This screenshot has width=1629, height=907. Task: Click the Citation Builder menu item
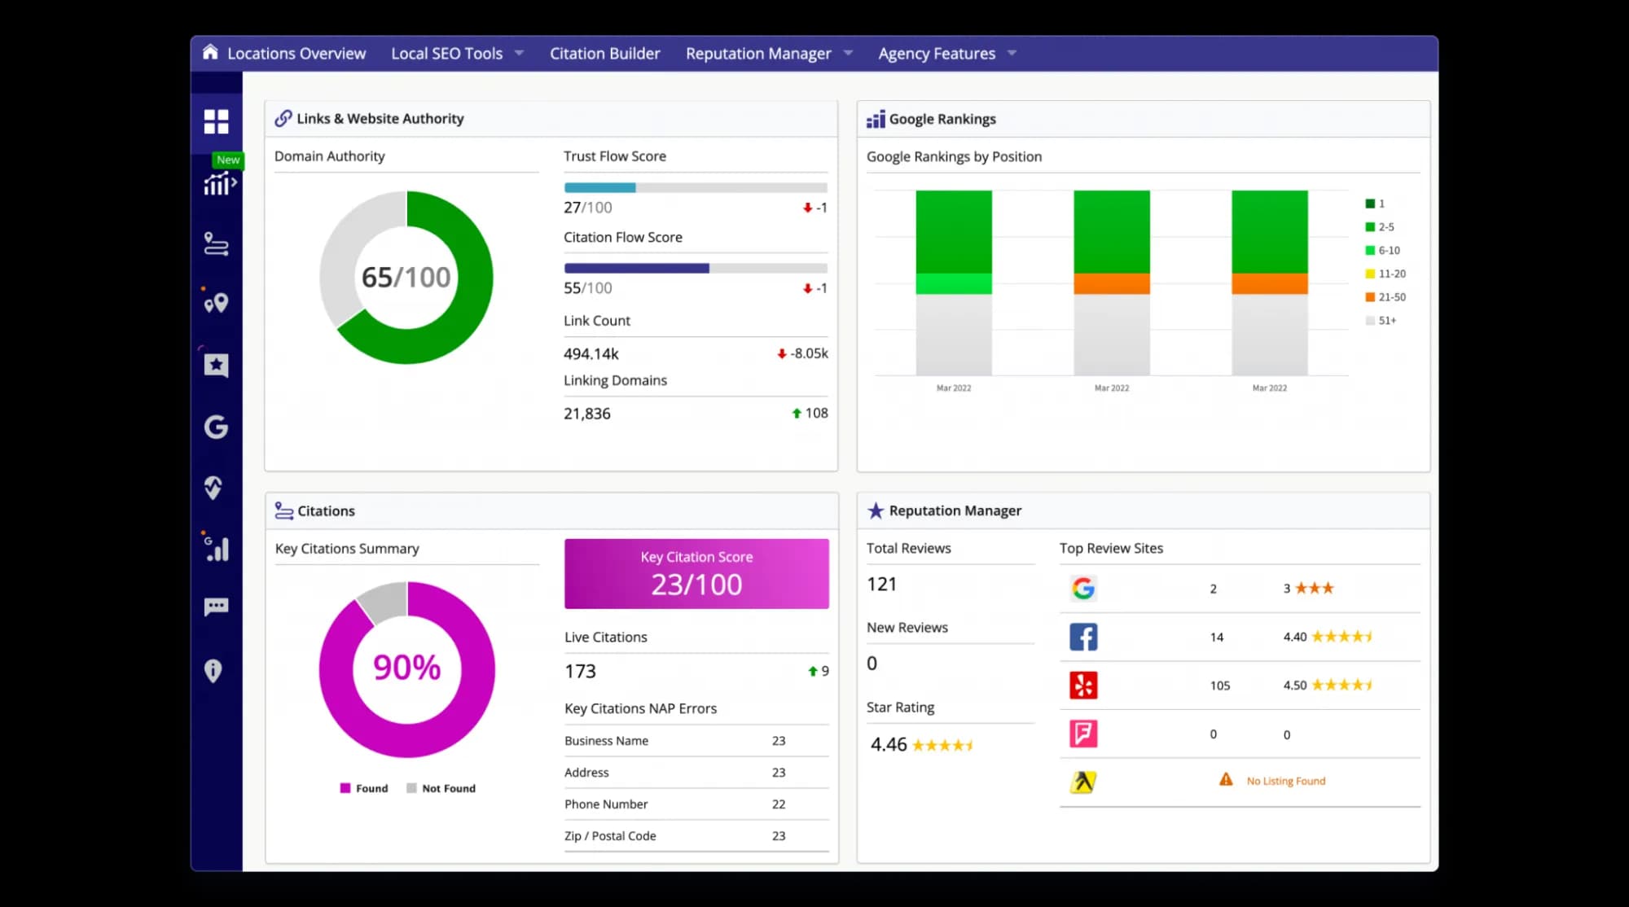coord(604,54)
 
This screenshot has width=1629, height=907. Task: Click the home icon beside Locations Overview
coord(210,52)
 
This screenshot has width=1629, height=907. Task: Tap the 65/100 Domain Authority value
coord(406,278)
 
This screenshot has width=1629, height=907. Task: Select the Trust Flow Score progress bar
coord(695,188)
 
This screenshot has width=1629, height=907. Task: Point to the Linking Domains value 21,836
coord(587,414)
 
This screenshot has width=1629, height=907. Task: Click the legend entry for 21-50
coord(1385,297)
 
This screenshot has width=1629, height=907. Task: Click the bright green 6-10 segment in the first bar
coord(954,284)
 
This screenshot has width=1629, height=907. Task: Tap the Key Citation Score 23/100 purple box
coord(696,574)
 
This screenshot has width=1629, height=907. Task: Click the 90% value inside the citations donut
coord(406,668)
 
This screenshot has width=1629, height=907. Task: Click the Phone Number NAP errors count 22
coord(779,804)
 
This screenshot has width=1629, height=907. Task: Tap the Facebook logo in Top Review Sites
coord(1083,637)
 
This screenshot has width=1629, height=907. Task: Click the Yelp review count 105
coord(1219,686)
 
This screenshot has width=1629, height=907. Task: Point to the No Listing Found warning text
coord(1285,781)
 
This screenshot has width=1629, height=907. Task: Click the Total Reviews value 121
coord(881,585)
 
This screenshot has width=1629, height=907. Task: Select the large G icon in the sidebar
coord(216,427)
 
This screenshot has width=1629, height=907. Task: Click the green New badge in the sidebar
coord(228,160)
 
